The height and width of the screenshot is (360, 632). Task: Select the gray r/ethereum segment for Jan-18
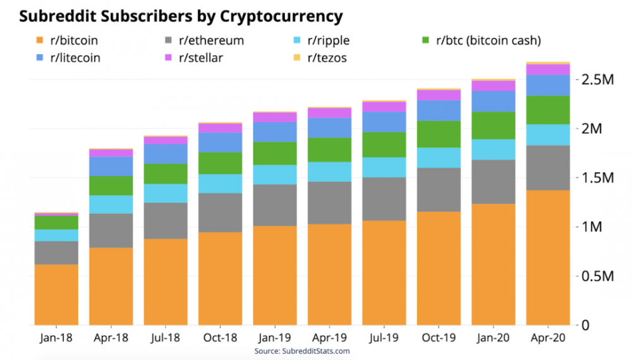coord(56,253)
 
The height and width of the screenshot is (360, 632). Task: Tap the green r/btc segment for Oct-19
coord(439,134)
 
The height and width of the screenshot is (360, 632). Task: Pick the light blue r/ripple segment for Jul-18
coord(166,193)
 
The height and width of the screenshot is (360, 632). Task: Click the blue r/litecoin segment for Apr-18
coord(111,166)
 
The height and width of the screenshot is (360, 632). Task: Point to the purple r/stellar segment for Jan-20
coord(494,86)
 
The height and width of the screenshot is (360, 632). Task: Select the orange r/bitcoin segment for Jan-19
coord(275,275)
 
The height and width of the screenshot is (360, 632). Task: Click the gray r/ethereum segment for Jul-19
coord(384,199)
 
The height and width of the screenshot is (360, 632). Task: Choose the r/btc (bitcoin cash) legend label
coord(487,41)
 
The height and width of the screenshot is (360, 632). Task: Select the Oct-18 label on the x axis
coord(221,338)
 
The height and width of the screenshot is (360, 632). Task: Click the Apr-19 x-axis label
coord(330,338)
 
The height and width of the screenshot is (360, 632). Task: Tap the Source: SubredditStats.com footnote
coord(302,351)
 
